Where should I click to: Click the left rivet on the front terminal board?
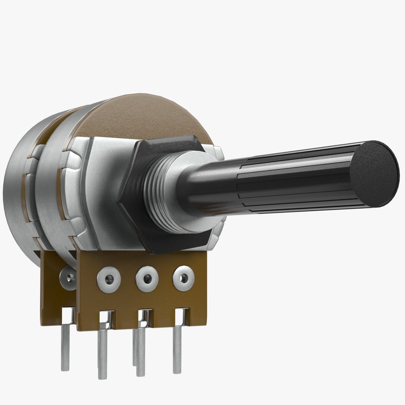point(109,279)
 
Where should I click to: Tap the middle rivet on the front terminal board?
point(147,279)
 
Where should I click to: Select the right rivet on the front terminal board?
point(183,278)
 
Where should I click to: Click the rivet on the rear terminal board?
point(68,278)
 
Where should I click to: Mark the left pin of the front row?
point(102,352)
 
